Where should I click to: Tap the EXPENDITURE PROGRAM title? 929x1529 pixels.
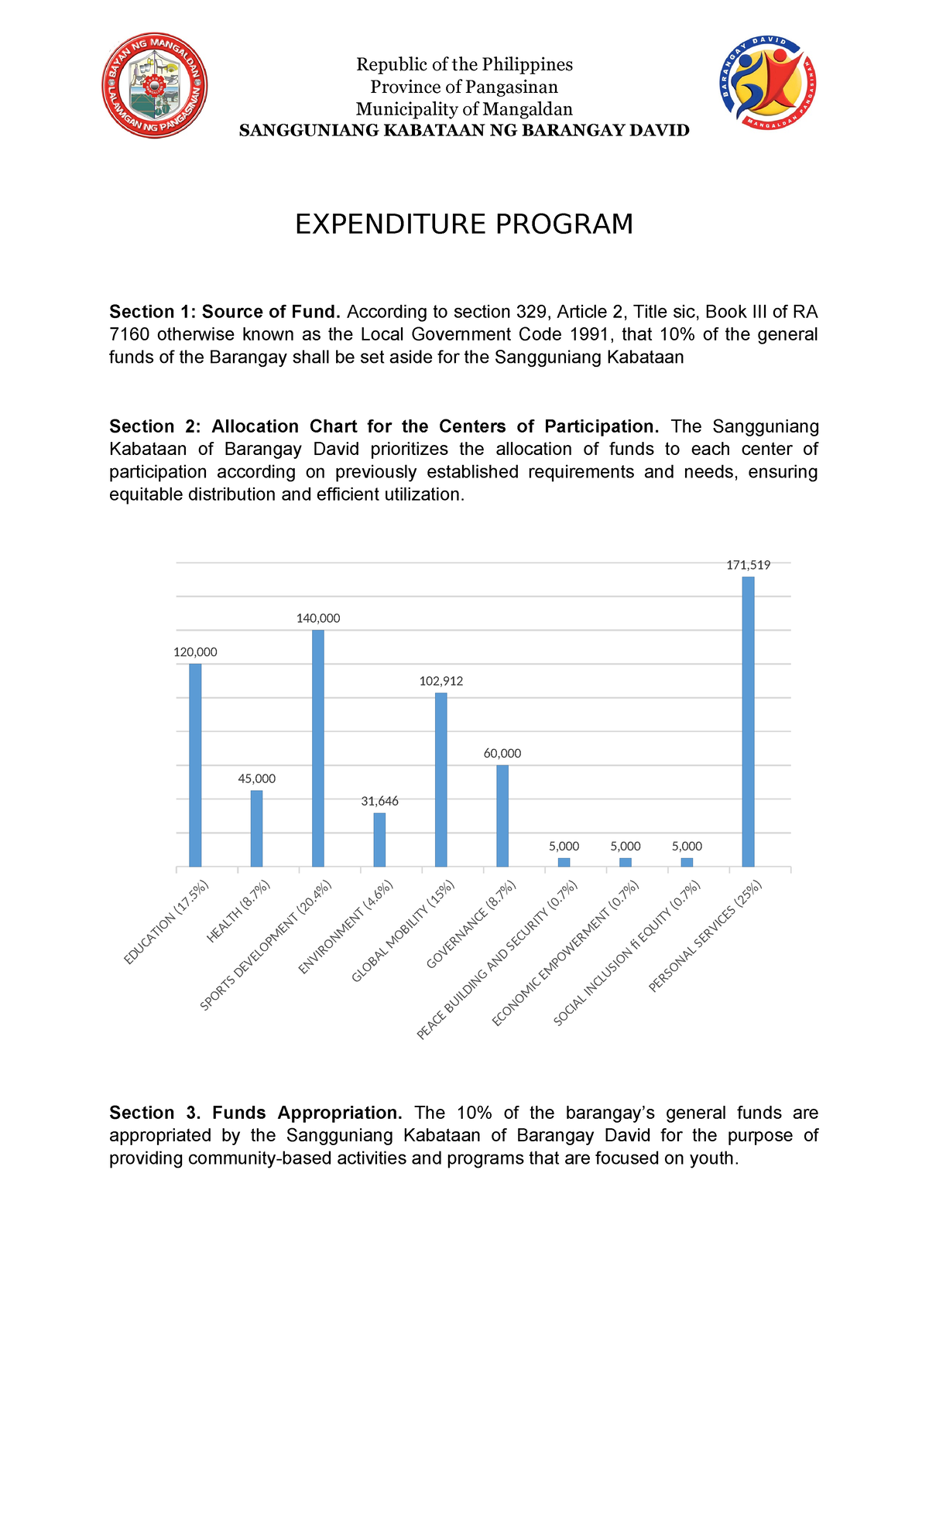[x=464, y=224]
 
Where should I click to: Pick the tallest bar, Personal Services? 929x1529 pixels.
[x=748, y=721]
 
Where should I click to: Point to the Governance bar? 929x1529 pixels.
[x=502, y=816]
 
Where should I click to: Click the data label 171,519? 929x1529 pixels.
[x=748, y=566]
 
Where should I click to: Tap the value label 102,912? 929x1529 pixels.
[x=441, y=682]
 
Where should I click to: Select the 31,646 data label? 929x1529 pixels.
[x=379, y=802]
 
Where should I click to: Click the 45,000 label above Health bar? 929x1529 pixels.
[x=256, y=779]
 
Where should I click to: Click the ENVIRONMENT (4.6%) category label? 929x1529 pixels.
[x=347, y=927]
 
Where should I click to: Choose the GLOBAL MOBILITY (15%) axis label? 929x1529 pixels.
[x=403, y=932]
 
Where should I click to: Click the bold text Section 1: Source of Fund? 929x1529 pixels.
[x=225, y=312]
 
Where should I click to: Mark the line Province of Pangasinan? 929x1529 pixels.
[x=464, y=87]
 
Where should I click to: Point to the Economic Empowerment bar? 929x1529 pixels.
[x=626, y=862]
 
